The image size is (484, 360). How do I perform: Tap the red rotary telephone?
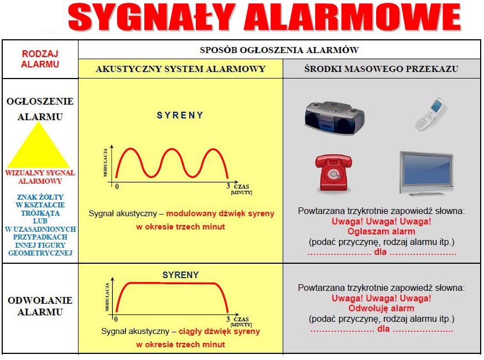[334, 173]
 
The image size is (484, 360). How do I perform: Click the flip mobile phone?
[430, 114]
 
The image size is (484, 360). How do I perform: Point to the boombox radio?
[335, 118]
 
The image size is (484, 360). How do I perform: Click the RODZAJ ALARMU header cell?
[40, 59]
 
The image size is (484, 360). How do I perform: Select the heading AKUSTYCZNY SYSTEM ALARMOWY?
[180, 69]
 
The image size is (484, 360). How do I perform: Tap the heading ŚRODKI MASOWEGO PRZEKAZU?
[381, 69]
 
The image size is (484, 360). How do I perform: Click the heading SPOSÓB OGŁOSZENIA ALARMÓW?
[279, 50]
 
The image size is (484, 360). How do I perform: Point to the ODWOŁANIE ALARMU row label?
[40, 306]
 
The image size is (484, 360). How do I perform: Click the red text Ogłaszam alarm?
[381, 231]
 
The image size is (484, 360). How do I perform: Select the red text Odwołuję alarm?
[381, 308]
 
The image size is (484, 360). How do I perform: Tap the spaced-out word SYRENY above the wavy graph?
[180, 116]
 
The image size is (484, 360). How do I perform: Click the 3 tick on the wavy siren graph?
[228, 186]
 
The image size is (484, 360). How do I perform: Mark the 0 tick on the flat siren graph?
[116, 319]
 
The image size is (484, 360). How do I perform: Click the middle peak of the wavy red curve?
[172, 149]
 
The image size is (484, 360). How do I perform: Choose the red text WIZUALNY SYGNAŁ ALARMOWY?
[40, 177]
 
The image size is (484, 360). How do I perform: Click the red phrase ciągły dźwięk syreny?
[219, 332]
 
